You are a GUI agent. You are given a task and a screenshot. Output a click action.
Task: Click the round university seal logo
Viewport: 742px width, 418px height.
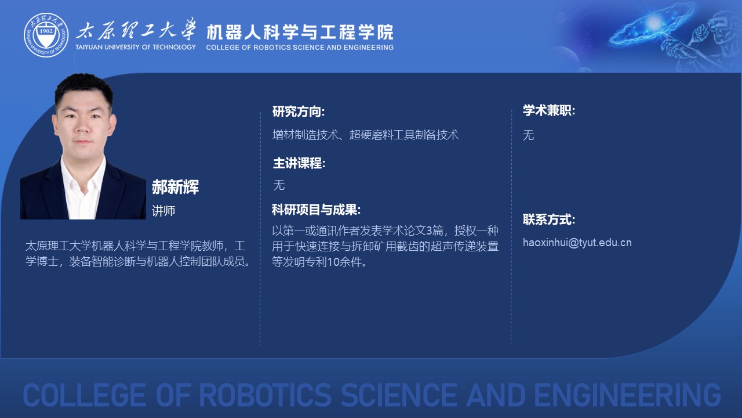(46, 35)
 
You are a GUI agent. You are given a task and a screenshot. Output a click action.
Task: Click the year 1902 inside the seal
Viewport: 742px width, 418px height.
(46, 31)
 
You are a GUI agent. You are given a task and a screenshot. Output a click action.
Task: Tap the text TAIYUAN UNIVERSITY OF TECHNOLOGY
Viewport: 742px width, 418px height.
(136, 47)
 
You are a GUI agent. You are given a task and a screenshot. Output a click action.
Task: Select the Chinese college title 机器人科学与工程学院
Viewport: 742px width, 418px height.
(300, 32)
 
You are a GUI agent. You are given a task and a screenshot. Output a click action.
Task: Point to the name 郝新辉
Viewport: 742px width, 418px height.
(175, 187)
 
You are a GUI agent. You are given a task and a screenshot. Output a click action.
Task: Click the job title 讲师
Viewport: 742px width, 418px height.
(163, 211)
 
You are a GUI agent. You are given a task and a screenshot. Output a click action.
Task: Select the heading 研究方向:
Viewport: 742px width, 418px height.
(299, 111)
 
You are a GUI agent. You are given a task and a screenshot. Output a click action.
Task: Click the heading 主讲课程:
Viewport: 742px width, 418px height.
(299, 163)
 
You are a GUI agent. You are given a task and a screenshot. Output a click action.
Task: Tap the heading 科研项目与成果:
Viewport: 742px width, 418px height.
(316, 210)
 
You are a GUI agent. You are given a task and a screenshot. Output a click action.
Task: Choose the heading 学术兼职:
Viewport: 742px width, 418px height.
(549, 110)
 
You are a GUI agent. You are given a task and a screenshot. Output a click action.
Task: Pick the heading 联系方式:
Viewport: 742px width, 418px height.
(549, 219)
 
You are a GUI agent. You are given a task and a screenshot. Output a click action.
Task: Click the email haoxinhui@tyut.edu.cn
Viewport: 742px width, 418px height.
(577, 243)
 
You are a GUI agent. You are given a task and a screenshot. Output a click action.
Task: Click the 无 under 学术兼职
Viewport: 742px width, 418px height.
(528, 135)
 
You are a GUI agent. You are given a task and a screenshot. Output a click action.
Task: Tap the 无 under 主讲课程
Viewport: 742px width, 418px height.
(279, 185)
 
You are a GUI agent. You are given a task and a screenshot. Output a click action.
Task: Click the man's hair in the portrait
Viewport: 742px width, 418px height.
(83, 88)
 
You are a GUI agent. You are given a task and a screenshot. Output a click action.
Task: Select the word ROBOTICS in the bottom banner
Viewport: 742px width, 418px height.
(265, 395)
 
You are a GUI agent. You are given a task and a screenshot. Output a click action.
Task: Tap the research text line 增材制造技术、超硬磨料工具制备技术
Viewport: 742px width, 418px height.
(365, 135)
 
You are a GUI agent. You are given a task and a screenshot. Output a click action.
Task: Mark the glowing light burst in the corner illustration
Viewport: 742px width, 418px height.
(654, 23)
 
